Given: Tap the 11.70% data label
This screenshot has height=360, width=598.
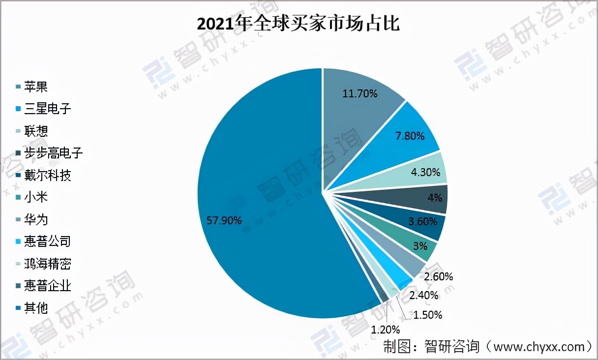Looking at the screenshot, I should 360,93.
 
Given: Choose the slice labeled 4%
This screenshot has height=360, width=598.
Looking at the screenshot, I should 435,198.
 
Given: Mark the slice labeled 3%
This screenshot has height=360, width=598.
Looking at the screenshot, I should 419,246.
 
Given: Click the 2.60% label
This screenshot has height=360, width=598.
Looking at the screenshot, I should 437,276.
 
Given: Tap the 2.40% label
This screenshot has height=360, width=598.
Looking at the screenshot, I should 423,295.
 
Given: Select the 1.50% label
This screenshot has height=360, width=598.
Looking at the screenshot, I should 427,314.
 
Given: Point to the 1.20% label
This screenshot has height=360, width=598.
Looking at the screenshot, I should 385,330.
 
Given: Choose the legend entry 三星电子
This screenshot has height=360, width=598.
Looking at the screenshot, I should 47,109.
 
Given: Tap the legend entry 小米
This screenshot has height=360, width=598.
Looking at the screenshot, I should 39,198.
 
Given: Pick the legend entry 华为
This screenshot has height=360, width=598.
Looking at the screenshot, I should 39,220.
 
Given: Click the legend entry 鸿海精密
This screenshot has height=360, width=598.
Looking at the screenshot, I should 47,264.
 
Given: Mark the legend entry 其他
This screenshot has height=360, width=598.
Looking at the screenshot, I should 39,308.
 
